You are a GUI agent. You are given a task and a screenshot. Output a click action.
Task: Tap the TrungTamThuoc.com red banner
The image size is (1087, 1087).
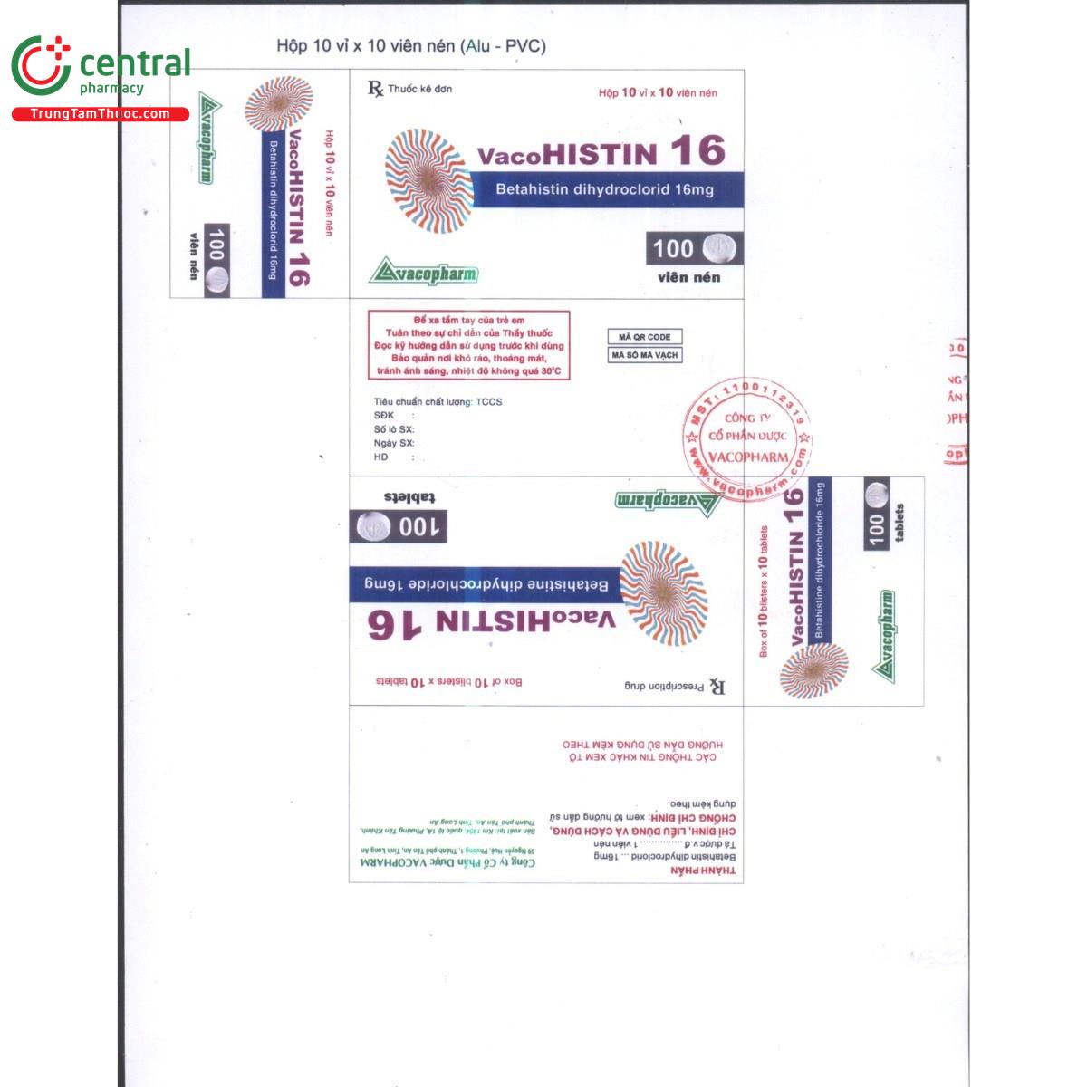(x=100, y=114)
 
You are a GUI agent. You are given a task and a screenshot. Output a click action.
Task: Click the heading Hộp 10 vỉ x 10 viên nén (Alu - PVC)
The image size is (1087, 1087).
(x=411, y=46)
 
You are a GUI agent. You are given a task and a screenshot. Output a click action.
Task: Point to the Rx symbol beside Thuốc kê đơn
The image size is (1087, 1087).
(x=375, y=89)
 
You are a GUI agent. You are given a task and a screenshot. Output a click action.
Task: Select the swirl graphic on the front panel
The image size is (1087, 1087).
(x=428, y=179)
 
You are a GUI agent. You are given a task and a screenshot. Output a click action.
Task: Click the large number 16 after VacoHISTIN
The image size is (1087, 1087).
(x=697, y=151)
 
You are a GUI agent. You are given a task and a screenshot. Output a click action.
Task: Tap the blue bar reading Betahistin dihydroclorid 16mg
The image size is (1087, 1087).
(x=605, y=189)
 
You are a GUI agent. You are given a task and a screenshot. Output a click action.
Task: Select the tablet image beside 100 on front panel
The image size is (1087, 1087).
(x=720, y=248)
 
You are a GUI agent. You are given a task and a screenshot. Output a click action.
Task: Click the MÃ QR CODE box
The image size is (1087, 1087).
(x=644, y=337)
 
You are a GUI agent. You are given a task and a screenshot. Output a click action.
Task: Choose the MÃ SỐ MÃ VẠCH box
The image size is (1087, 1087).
(x=644, y=355)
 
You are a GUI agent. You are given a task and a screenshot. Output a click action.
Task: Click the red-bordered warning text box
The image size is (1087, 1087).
(x=468, y=345)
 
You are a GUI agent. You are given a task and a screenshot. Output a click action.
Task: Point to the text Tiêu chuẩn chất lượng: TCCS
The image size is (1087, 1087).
(x=438, y=401)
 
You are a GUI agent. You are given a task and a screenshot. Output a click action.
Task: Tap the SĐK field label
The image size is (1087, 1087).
(x=384, y=416)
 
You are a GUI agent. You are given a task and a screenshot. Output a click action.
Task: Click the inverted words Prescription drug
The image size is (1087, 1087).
(x=664, y=686)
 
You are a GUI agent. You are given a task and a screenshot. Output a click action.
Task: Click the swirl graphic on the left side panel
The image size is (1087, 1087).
(x=279, y=103)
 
